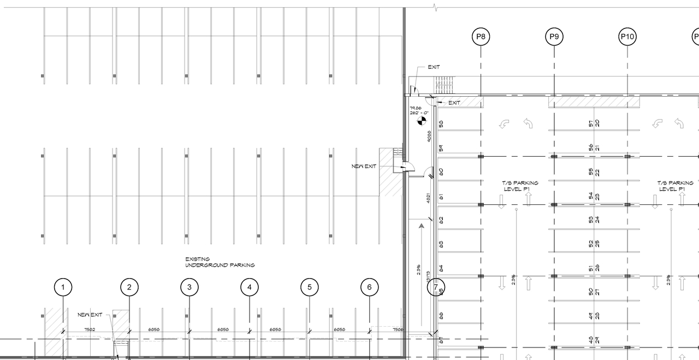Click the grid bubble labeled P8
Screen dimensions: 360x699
tap(481, 37)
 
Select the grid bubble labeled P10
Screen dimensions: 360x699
tap(627, 37)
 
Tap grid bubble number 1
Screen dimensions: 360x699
tap(63, 287)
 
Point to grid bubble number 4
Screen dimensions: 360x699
tap(250, 287)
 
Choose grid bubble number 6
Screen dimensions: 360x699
tap(370, 287)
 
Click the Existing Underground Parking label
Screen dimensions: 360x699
tap(220, 262)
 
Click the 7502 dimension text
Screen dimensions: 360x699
tap(90, 329)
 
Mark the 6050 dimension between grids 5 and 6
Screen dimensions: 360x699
tap(339, 329)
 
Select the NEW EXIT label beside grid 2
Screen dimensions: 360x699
tap(90, 315)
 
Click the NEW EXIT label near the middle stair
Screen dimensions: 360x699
tap(364, 166)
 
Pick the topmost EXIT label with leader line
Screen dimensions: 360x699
tap(434, 67)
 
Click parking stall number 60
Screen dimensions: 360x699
tap(441, 172)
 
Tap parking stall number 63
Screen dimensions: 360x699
tap(441, 244)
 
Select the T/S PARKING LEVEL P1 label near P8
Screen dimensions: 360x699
tap(520, 186)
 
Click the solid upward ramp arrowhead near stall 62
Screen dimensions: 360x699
tap(421, 225)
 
